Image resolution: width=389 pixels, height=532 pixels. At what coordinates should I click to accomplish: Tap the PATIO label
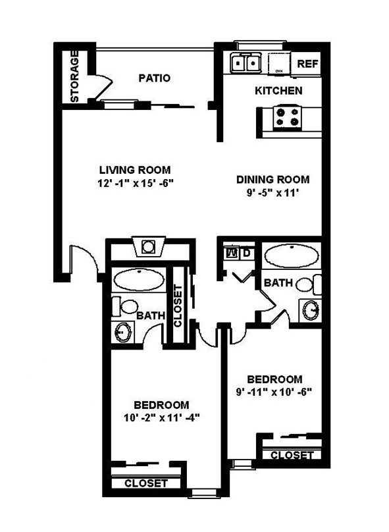[155, 78]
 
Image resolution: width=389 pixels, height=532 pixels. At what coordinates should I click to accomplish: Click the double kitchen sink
[246, 64]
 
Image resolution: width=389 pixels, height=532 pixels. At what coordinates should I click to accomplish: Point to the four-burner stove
[288, 117]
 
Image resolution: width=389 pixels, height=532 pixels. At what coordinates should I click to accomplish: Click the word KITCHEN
[278, 91]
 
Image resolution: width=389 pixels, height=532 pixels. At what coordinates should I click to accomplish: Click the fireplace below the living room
[149, 247]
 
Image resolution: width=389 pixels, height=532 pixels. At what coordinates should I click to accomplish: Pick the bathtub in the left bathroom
[140, 279]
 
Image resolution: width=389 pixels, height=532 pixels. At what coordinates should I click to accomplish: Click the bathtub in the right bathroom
[291, 255]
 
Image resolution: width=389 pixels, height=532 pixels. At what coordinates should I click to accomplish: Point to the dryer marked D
[246, 252]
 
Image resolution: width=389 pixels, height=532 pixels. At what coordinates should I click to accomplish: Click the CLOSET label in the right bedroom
[292, 455]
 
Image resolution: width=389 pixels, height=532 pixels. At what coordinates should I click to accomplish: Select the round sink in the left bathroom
[123, 331]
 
